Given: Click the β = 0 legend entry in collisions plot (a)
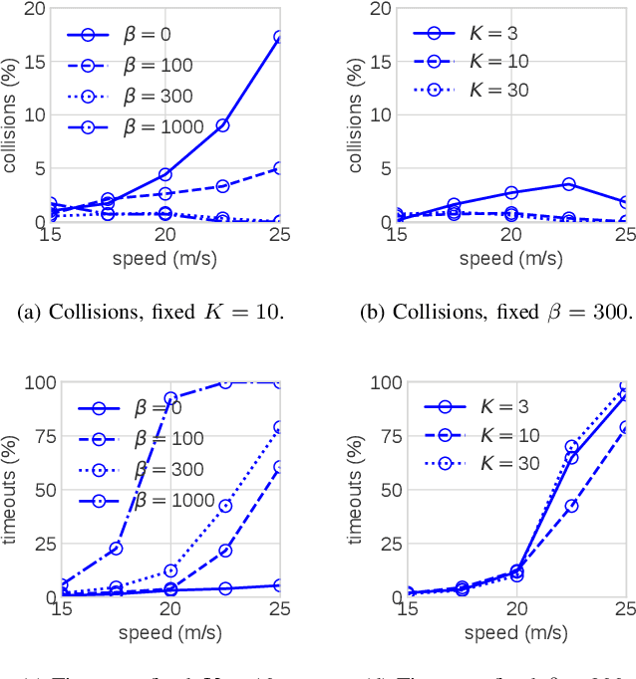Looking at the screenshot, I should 135,35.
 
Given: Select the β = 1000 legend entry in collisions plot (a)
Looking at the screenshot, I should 135,126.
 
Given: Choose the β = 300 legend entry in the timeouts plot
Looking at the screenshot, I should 135,469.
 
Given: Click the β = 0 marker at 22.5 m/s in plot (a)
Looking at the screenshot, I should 223,125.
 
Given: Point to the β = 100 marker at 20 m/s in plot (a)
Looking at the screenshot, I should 165,193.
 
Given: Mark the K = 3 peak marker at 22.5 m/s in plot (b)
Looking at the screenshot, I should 568,184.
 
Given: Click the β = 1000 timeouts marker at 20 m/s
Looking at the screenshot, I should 169,398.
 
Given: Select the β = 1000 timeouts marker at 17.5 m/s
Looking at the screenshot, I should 116,549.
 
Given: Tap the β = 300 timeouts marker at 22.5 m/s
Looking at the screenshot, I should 225,506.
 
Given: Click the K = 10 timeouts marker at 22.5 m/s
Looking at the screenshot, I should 571,506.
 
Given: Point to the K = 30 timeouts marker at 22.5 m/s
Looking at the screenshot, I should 571,447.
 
